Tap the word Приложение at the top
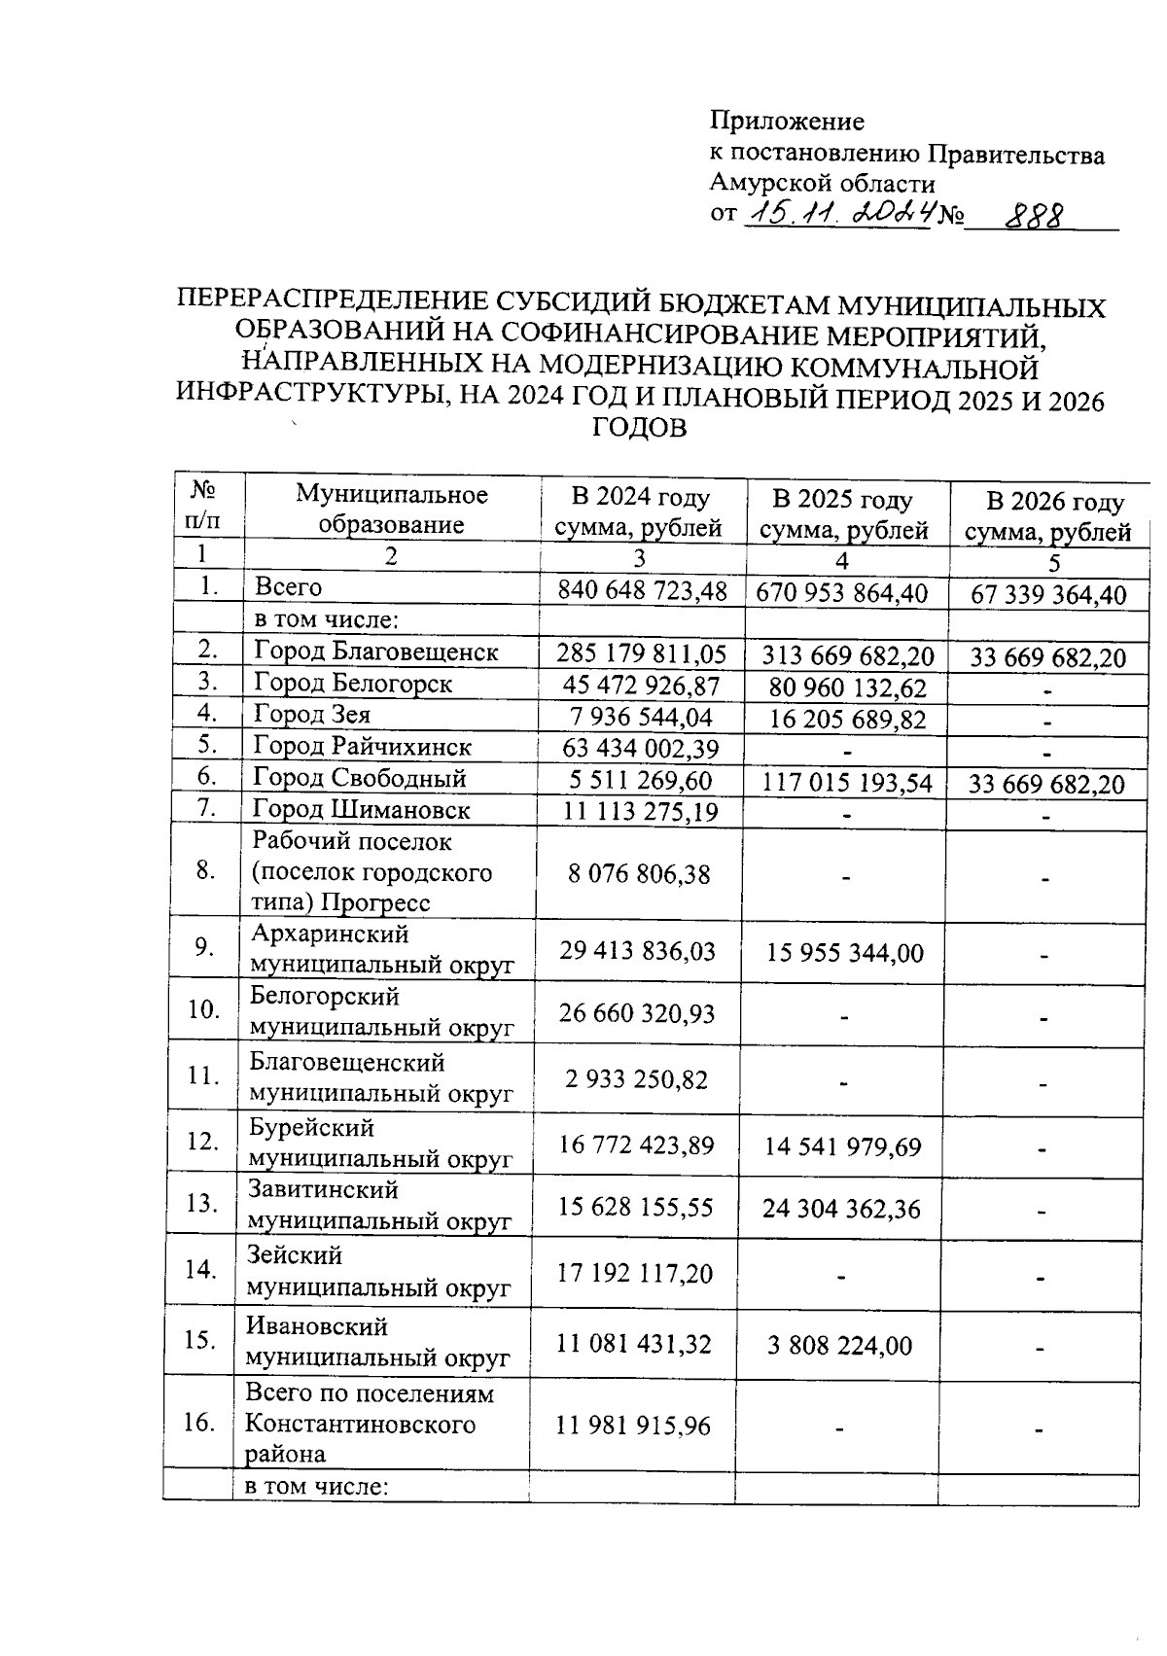pos(787,122)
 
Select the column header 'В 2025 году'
pos(842,500)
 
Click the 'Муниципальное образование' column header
pos(391,510)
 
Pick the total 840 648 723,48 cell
pos(641,590)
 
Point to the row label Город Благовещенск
pos(375,651)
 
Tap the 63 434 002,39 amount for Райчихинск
pos(639,748)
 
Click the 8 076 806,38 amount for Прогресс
pos(639,873)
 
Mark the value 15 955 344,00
pos(844,953)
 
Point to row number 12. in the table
pos(202,1142)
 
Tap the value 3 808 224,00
pos(839,1346)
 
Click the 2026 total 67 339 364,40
pos(1048,595)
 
